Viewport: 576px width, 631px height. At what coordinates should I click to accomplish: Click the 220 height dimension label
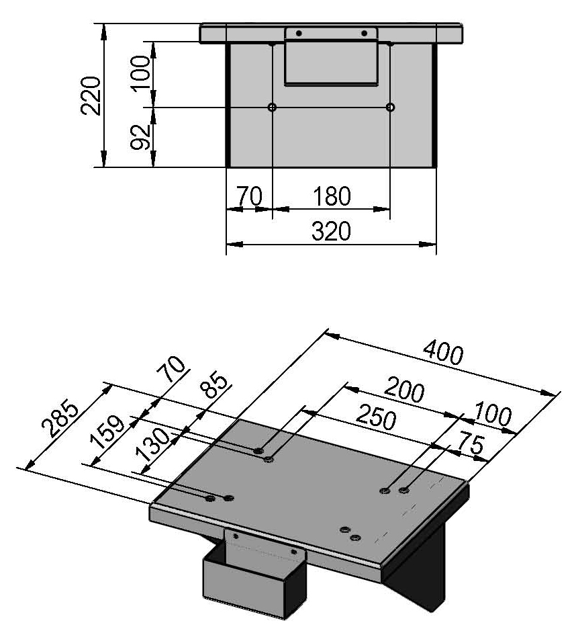coord(93,95)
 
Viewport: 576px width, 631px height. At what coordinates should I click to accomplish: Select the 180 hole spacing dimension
coord(331,197)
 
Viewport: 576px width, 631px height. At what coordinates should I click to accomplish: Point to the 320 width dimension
coord(331,232)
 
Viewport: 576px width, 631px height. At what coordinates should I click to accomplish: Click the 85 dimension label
coord(215,392)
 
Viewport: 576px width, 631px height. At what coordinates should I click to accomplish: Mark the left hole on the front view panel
coord(272,108)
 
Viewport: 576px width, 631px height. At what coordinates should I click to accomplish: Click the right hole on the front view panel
coord(391,108)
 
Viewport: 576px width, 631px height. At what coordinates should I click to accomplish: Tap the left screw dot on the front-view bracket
coord(299,34)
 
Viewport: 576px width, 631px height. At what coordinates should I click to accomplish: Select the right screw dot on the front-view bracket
coord(365,34)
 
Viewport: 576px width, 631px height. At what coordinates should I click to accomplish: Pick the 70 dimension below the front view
coord(248,197)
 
